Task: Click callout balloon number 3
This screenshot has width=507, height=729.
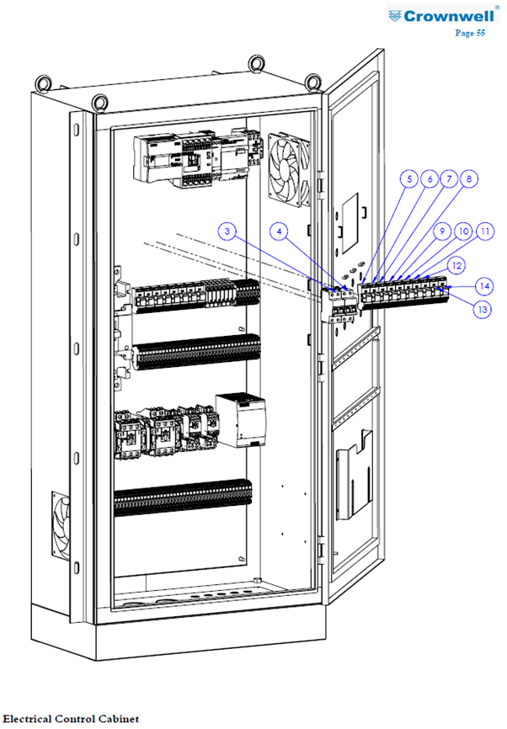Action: click(227, 231)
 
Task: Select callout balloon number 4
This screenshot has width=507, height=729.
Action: click(279, 231)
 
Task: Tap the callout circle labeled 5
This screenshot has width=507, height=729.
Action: click(409, 179)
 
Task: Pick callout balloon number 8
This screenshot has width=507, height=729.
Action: click(469, 179)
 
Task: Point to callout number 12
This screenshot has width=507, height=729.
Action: click(456, 265)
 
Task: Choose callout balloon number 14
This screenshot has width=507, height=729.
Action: click(484, 285)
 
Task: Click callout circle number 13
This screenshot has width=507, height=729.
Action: click(483, 309)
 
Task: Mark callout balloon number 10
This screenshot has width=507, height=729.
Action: click(464, 231)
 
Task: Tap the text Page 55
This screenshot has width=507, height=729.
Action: click(470, 33)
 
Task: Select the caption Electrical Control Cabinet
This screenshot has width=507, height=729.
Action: click(72, 719)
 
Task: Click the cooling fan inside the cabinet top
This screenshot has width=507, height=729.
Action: click(289, 170)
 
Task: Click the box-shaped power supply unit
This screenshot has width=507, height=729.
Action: click(241, 420)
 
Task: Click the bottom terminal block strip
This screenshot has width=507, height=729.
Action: click(183, 498)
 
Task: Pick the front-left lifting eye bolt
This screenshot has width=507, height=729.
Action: click(100, 104)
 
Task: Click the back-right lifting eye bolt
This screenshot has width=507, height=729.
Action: click(257, 64)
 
